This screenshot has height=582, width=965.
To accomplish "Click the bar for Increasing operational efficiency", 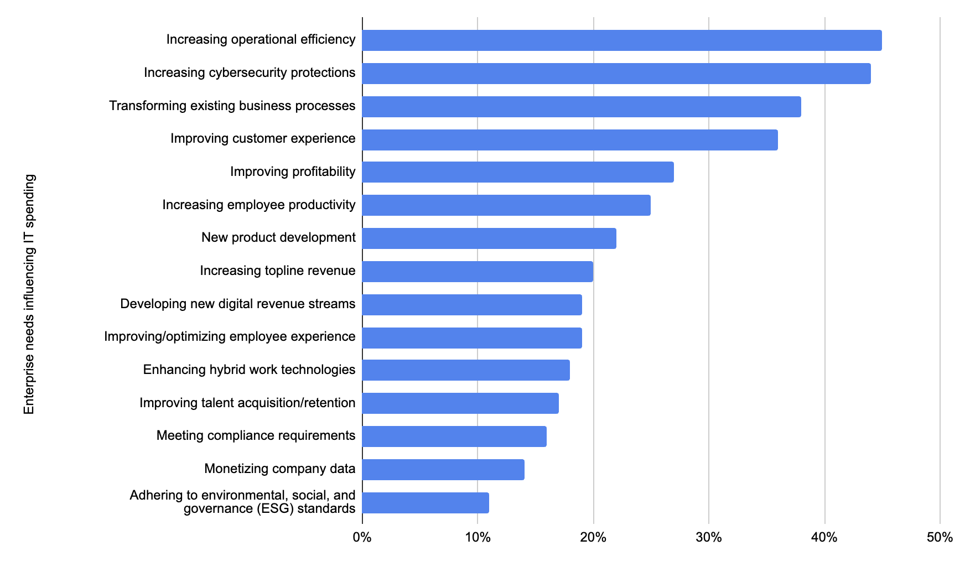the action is coord(622,40).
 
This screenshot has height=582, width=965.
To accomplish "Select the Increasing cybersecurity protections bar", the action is coord(616,74).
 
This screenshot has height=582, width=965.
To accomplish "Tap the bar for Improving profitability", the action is coord(518,172).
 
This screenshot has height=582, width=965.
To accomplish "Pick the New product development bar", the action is coord(489,238).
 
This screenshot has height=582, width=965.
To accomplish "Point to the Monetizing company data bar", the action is coord(443,470).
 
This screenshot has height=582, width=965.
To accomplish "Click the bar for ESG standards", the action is coord(426,503).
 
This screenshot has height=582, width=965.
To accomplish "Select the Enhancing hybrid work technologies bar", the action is coord(466,370).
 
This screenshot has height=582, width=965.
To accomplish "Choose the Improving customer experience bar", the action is coord(570,139).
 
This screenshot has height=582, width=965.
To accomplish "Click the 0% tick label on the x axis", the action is coord(362,537).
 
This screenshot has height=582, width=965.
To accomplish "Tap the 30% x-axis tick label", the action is coord(709,537).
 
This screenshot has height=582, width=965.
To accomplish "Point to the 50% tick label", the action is coord(940,537).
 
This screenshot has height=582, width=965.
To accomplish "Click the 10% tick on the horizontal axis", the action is coord(478,537).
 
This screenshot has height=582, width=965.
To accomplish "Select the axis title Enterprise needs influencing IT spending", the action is coord(29,294).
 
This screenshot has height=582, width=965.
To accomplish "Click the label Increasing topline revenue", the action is coord(278,271).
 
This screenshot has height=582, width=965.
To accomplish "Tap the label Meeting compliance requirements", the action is coord(256,435).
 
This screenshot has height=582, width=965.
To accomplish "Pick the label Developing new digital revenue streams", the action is coord(238,304).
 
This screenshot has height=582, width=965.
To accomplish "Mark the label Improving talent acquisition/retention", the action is coord(247,403).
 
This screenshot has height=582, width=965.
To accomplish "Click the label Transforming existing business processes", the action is coord(232,106).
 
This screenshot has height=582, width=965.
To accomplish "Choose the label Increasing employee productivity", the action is coord(259,205).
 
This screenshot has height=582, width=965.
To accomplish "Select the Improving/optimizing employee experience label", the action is coord(230,336).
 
